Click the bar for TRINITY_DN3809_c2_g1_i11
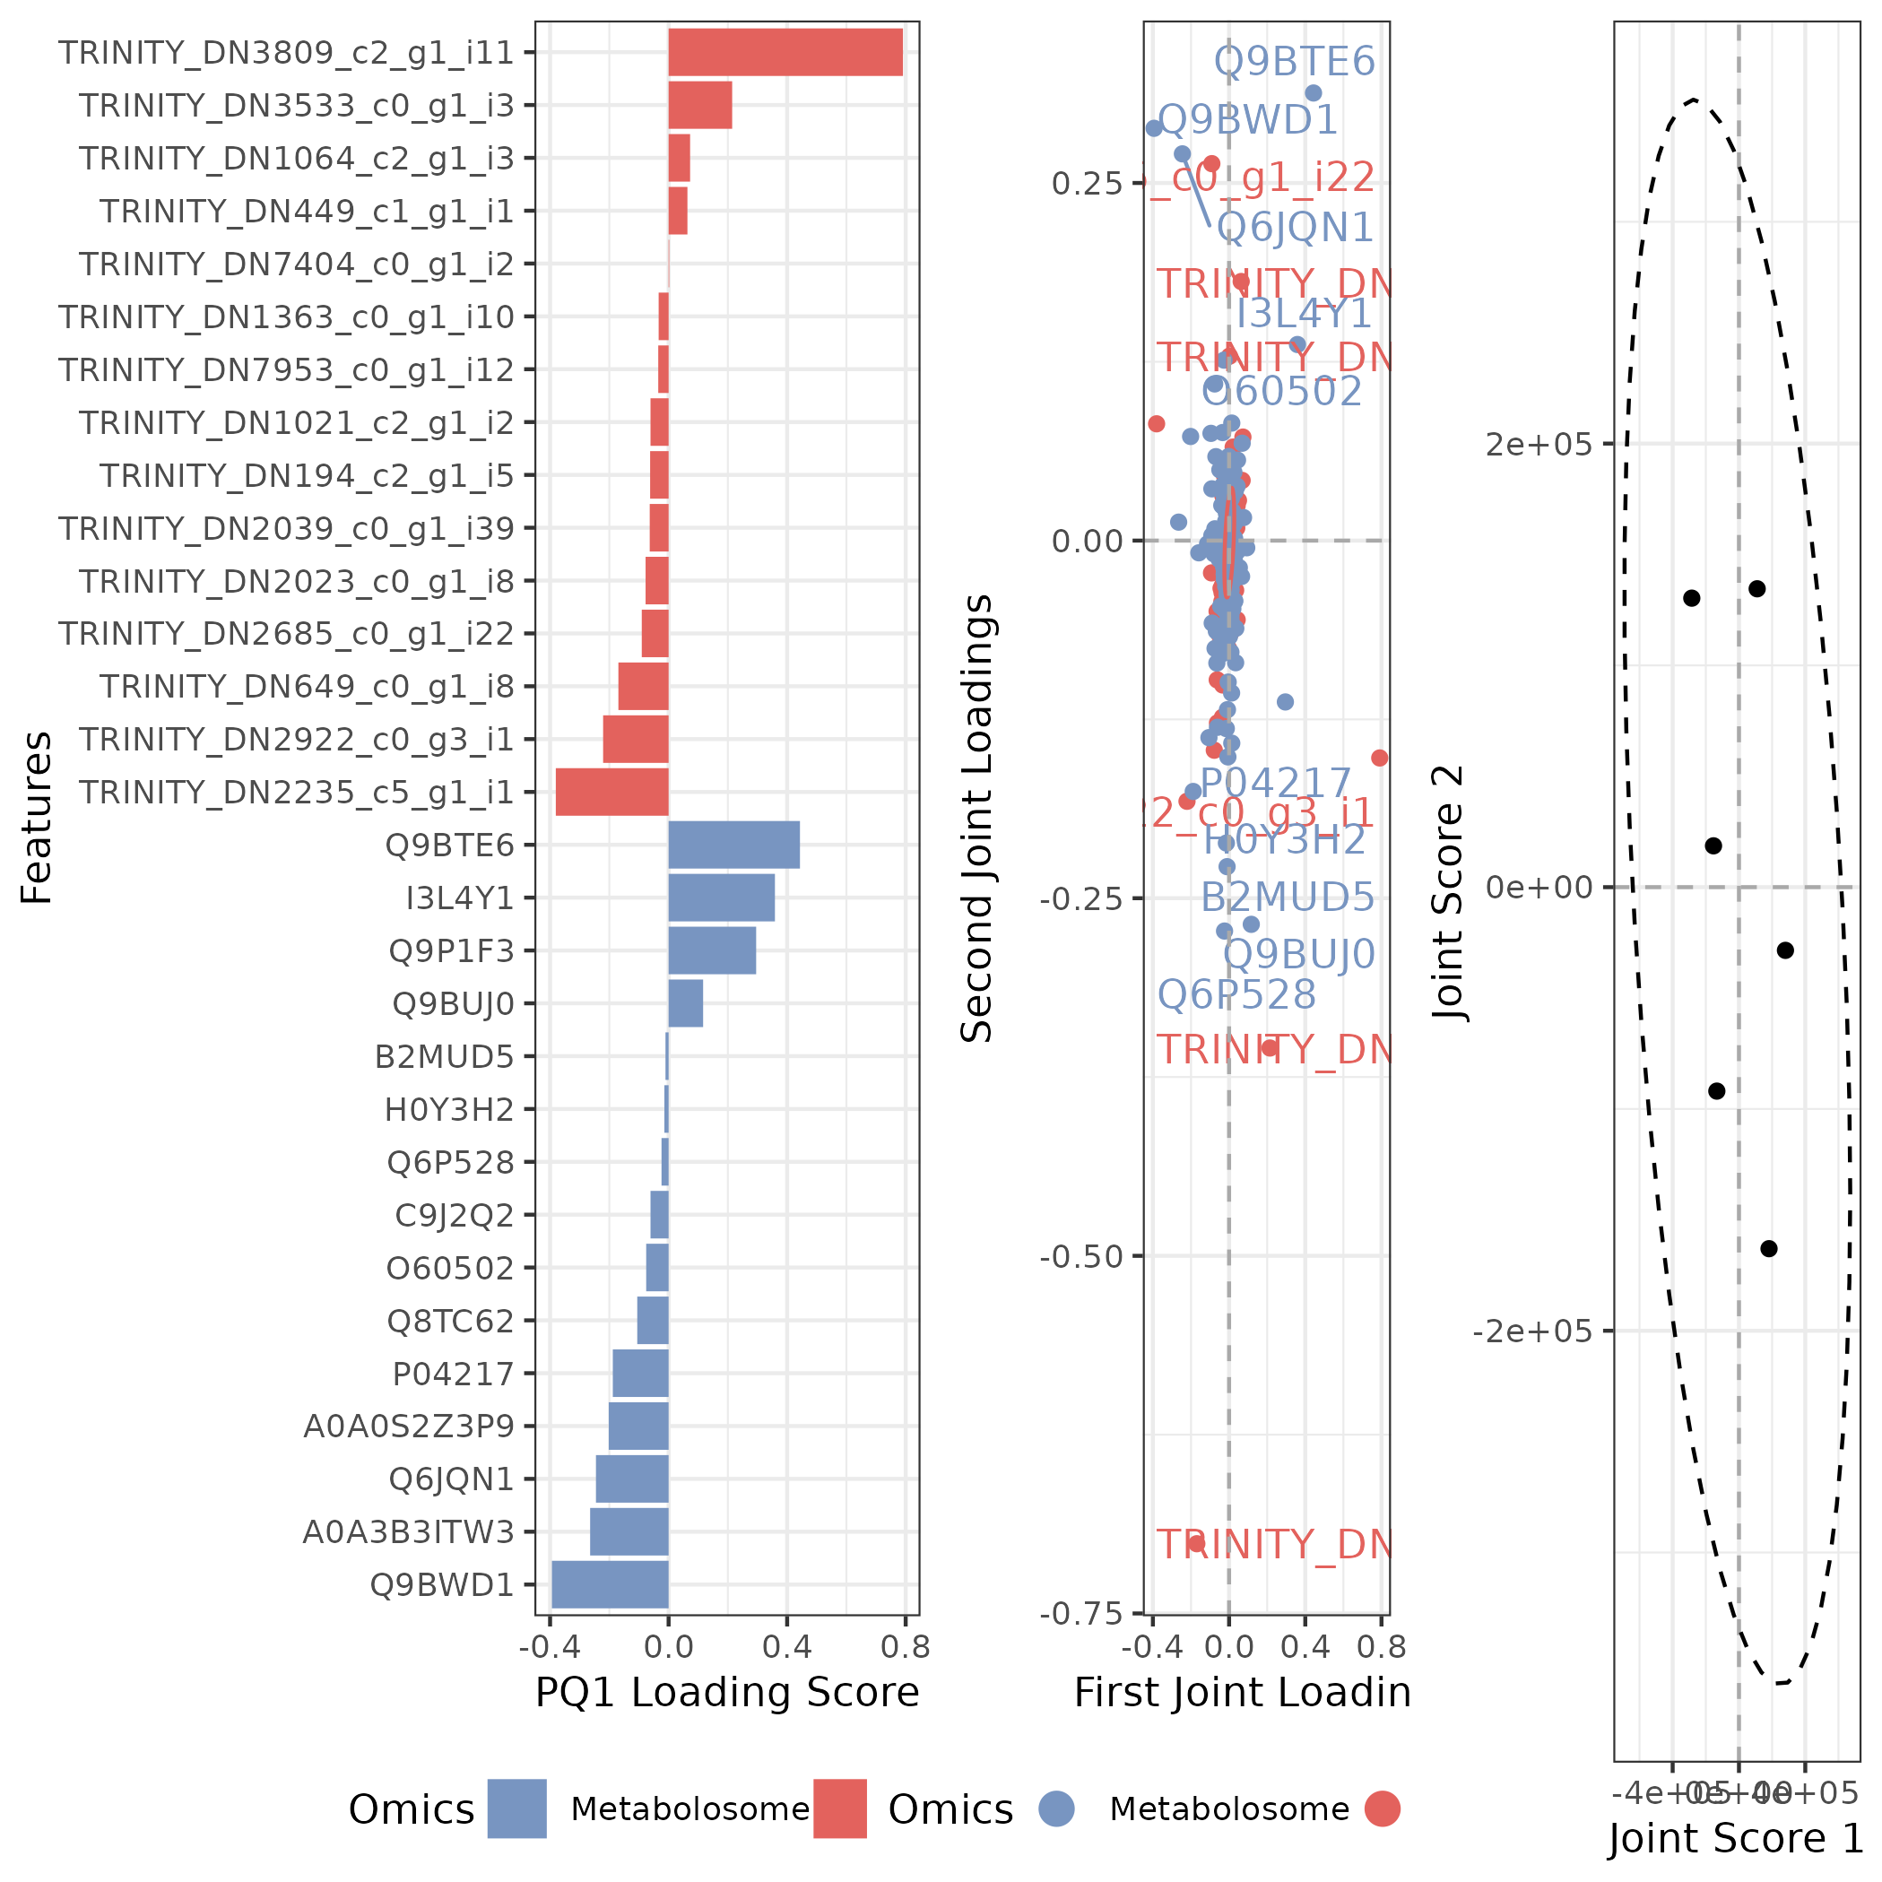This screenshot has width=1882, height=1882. [x=785, y=53]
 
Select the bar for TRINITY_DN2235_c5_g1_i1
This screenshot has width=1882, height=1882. [x=611, y=792]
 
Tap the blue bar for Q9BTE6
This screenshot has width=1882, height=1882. [x=733, y=845]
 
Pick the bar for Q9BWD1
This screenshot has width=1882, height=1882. [x=610, y=1585]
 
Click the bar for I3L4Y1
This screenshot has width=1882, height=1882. [x=721, y=898]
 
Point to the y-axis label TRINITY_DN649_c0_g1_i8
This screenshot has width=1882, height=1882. [x=306, y=687]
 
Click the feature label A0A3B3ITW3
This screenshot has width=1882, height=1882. [x=408, y=1532]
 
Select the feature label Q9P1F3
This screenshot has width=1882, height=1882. [x=451, y=950]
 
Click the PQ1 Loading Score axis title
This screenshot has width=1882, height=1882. [x=726, y=1692]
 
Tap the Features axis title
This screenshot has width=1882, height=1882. [x=37, y=819]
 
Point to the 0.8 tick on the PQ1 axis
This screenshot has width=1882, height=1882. [x=905, y=1647]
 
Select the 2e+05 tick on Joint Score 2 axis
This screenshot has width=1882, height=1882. [x=1538, y=444]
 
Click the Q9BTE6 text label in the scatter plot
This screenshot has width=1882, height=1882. [x=1294, y=61]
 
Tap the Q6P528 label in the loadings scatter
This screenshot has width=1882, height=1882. [x=1236, y=994]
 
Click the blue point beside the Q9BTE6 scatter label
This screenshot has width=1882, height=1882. [x=1314, y=93]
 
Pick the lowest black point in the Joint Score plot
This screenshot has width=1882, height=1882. [x=1769, y=1249]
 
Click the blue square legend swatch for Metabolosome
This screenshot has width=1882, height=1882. [x=516, y=1809]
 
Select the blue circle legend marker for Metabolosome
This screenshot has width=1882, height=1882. [x=1056, y=1809]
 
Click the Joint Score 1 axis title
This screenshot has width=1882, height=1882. [x=1735, y=1838]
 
